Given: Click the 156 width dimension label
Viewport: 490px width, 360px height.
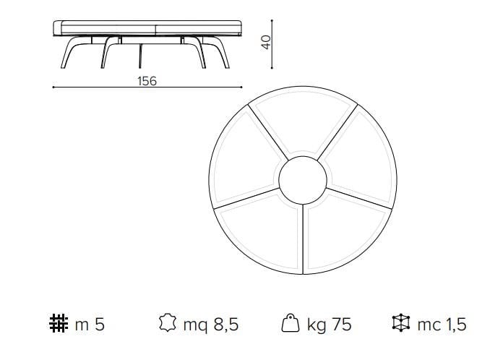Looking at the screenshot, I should click(147, 81).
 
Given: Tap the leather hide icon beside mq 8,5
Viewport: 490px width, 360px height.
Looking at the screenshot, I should click(167, 325).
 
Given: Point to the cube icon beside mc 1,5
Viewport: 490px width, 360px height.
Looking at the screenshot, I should click(398, 325).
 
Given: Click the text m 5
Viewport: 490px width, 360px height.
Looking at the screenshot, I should click(90, 325).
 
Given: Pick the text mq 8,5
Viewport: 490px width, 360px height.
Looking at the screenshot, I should click(210, 325).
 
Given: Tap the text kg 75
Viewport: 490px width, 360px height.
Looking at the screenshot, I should click(329, 325).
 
